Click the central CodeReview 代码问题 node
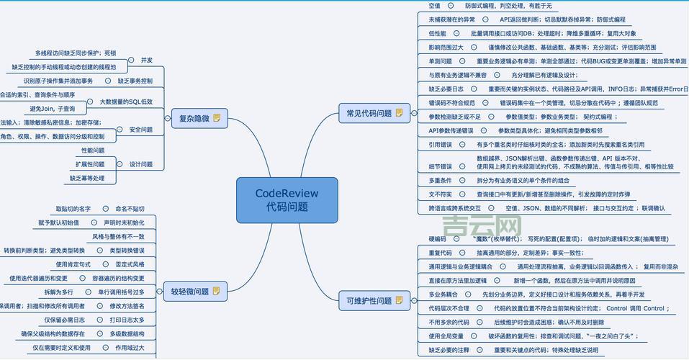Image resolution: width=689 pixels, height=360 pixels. click(x=287, y=199)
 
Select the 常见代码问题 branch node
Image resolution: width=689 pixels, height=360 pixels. click(x=369, y=113)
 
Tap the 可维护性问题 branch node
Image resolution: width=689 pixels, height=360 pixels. click(x=369, y=300)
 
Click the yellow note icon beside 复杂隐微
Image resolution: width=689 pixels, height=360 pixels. click(x=217, y=118)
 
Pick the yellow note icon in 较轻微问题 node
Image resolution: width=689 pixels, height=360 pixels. click(x=215, y=292)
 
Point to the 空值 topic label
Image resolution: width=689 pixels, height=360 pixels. click(x=434, y=5)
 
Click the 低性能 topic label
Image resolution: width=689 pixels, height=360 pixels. click(x=437, y=33)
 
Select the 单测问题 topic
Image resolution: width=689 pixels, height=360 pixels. click(x=440, y=61)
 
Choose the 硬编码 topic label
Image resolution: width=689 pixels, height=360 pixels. click(x=437, y=239)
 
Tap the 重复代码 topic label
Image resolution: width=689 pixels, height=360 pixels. click(x=440, y=253)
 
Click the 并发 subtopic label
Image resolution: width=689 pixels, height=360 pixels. click(x=147, y=60)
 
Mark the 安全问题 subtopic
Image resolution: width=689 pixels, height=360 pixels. click(x=141, y=130)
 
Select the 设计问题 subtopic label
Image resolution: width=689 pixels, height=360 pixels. click(x=141, y=164)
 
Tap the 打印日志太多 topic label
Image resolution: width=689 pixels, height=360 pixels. click(x=127, y=320)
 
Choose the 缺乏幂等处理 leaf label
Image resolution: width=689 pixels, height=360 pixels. click(x=87, y=178)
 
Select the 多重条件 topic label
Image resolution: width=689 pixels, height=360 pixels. click(x=440, y=180)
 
